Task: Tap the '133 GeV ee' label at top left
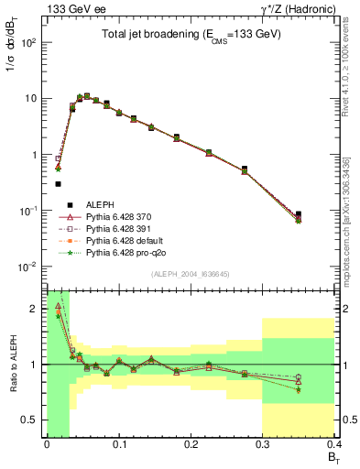71,9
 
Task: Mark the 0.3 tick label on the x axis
263,445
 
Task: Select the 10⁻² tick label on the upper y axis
29,267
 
